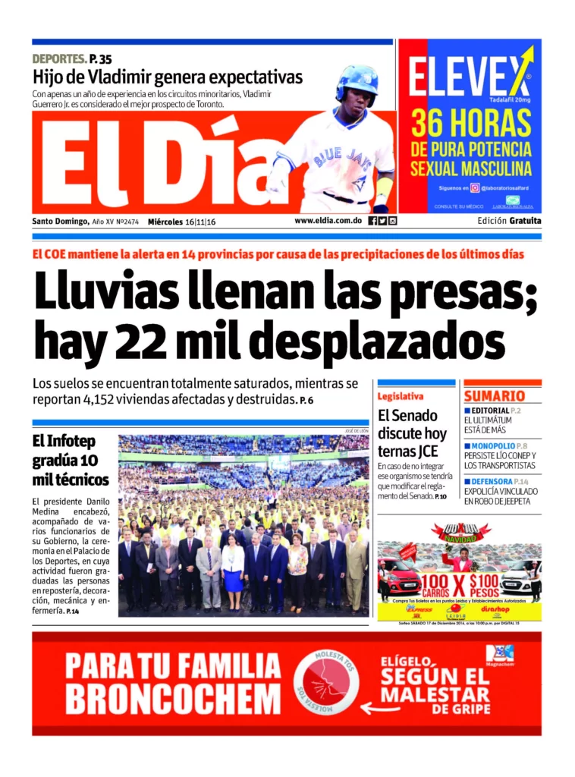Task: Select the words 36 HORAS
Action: (471, 121)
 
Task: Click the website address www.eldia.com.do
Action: (328, 222)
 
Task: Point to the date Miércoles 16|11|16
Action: (182, 222)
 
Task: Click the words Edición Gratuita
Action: (509, 221)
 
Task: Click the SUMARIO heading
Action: (495, 396)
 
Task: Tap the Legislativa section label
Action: (401, 396)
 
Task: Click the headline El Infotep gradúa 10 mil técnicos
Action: (71, 460)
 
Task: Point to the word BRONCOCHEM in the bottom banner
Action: (173, 697)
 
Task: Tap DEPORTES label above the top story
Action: (59, 58)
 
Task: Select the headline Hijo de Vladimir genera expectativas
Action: (167, 77)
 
